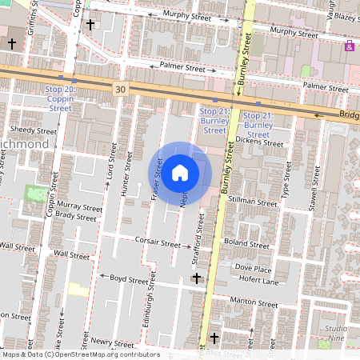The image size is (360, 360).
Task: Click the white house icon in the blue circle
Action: click(x=180, y=171)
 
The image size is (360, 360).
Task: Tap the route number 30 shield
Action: click(x=120, y=88)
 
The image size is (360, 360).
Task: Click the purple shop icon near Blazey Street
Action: click(x=349, y=46)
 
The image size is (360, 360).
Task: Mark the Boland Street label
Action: click(x=247, y=244)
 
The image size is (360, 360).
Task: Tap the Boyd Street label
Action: click(x=129, y=280)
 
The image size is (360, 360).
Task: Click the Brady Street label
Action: click(x=76, y=216)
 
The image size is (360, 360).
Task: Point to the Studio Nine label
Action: click(x=336, y=334)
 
